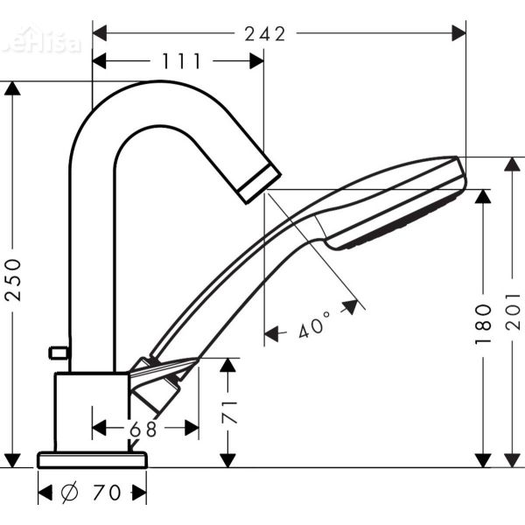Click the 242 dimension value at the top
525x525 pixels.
point(265,34)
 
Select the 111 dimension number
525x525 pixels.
point(181,61)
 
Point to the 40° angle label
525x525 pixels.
point(314,327)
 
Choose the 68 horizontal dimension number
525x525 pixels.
point(145,428)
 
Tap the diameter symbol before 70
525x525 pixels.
point(69,493)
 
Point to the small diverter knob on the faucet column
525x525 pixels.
point(59,353)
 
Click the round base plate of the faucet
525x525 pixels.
point(92,459)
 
